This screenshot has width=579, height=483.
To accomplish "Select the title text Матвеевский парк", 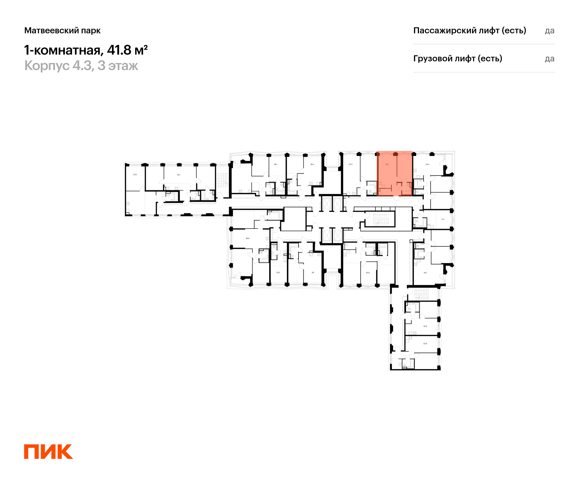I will pos(62,30).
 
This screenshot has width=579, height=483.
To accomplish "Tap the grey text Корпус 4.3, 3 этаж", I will pos(81,66).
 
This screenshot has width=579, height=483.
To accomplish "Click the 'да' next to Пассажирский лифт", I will pos(550,31).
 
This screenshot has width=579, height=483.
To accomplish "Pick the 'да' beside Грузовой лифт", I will pos(550,59).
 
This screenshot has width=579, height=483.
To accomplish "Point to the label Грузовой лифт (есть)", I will pos(458,58).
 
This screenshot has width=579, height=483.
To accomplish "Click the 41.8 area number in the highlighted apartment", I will pos(387,164).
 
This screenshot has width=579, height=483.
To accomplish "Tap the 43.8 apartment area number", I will pos(135,175).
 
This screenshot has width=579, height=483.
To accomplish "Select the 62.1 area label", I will pos(179,175).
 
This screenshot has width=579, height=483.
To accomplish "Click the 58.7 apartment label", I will pos(276,164).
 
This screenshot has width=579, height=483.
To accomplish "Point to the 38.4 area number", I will pos(312,164).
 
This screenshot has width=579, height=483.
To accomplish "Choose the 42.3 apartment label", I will pos(351,164).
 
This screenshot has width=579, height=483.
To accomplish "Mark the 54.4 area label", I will pos(427,164).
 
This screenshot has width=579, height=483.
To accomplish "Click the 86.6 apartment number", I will pos(248,238).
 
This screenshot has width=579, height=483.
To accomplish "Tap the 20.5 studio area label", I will pos(278,273).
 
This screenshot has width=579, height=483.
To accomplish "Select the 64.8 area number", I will pos(368,273).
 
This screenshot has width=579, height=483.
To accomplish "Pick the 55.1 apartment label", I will pos(425,273).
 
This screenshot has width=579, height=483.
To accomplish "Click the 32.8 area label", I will pos(425,326).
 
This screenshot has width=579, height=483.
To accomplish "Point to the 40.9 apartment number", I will pos(425,344).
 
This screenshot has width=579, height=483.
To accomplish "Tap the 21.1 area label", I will pos(443,220).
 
